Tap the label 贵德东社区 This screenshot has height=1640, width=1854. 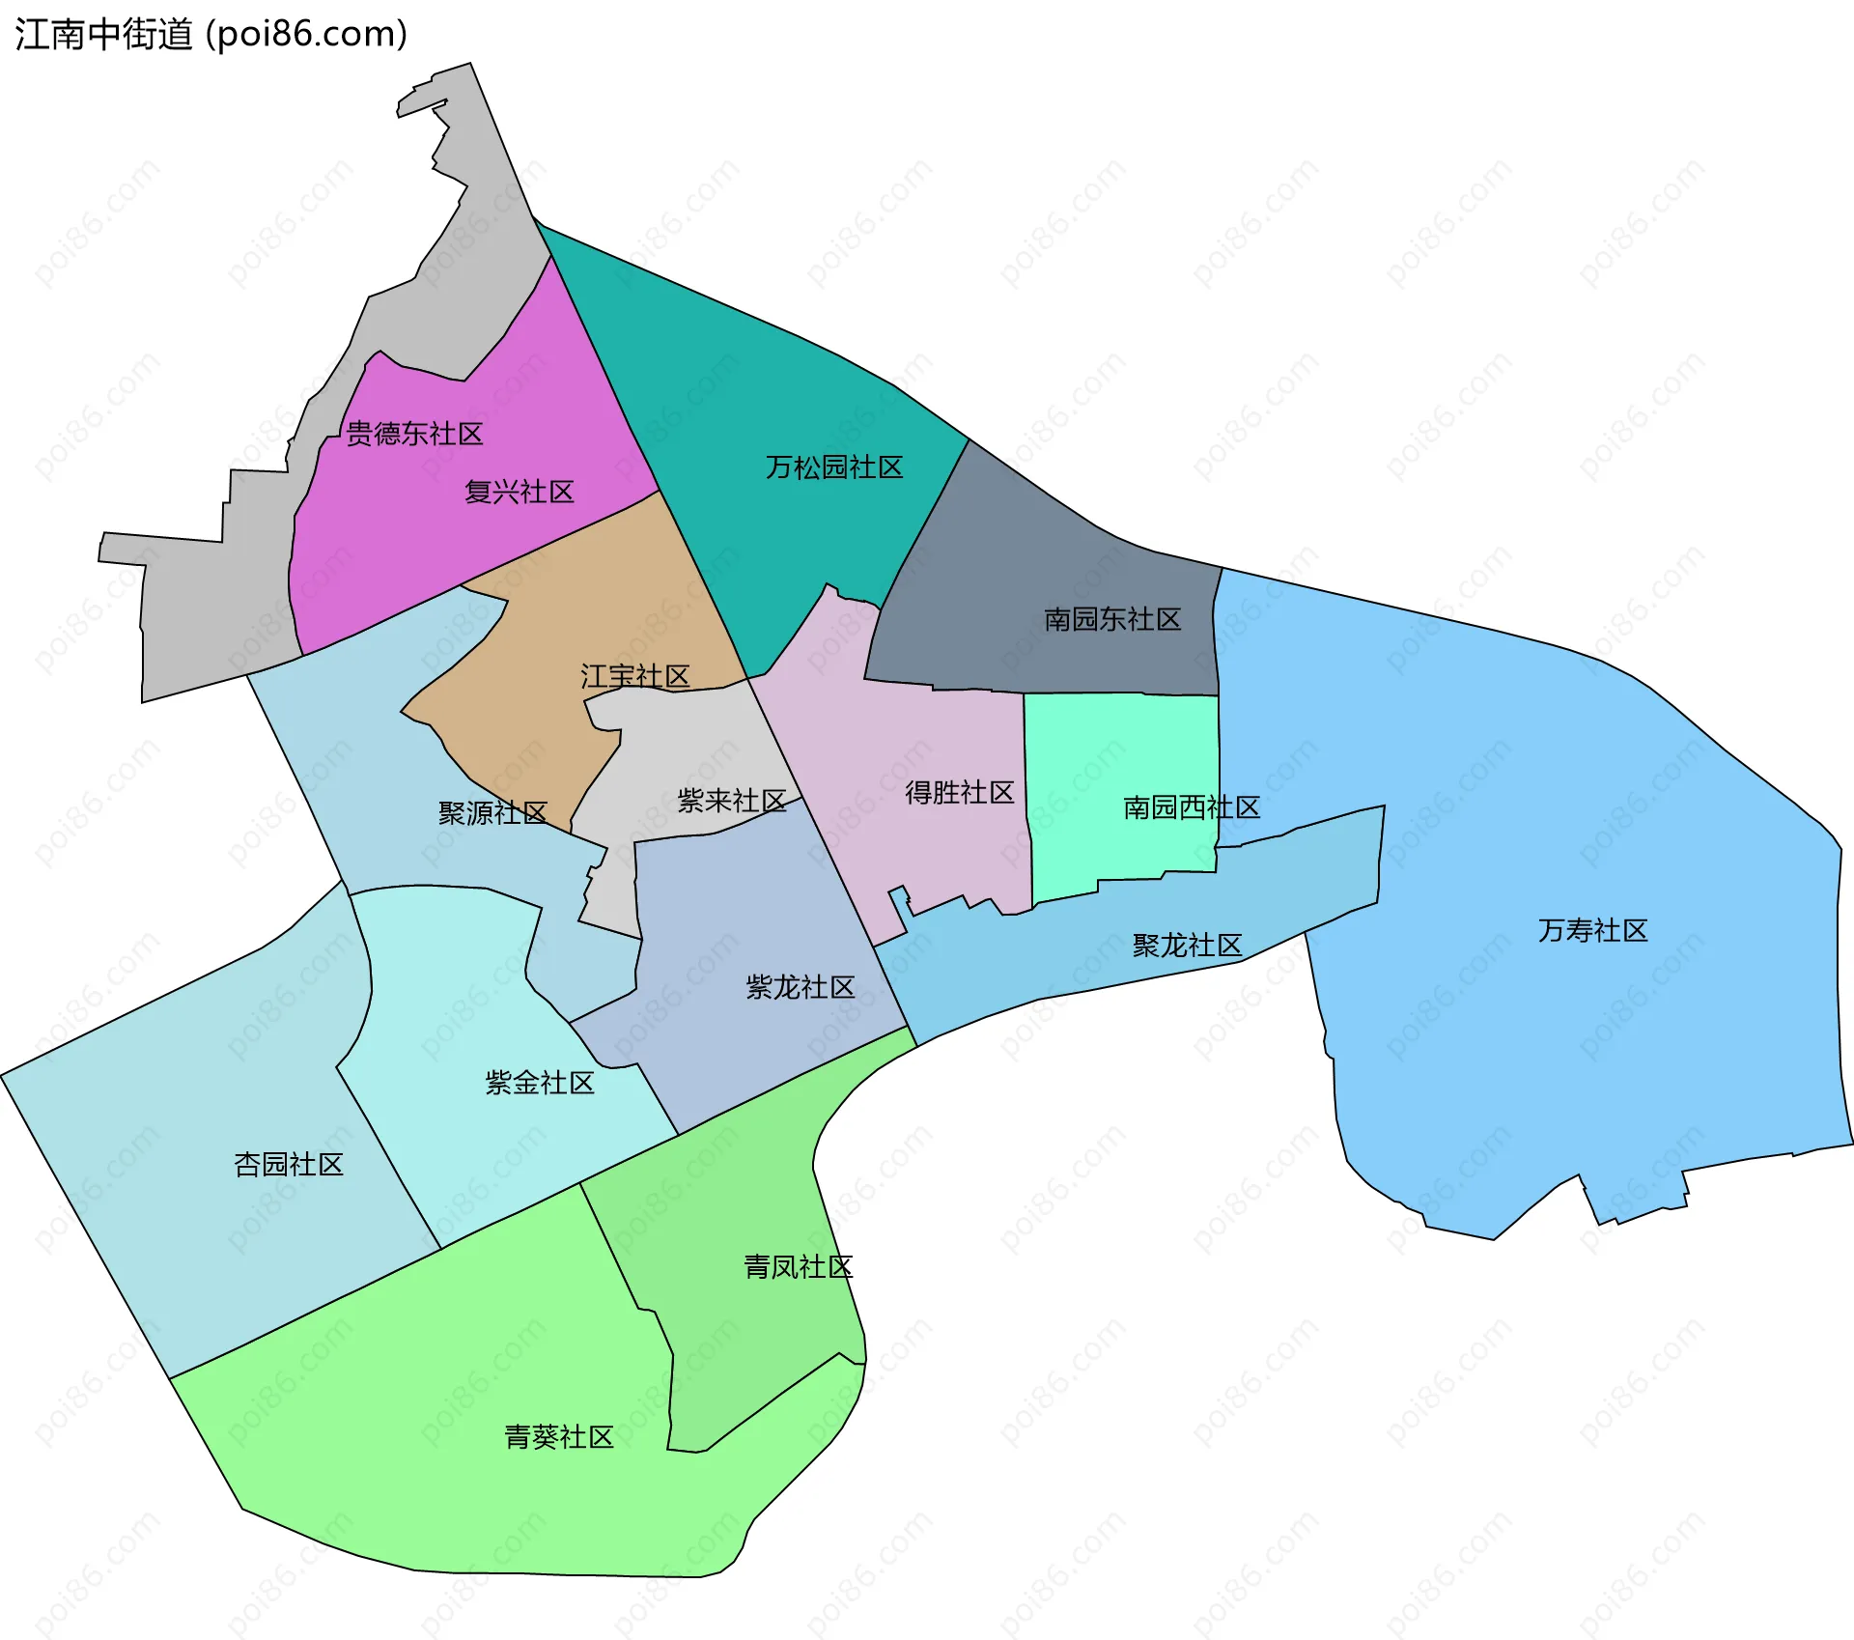414,434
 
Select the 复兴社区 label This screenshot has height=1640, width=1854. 520,493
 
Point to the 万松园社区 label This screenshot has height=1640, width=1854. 834,468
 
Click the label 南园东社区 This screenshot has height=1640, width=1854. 1112,620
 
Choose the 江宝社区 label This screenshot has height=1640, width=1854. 635,676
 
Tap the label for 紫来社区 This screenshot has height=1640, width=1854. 732,801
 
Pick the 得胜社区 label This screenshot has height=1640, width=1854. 959,793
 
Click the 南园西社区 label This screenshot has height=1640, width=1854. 1192,807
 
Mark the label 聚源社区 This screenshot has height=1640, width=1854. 492,813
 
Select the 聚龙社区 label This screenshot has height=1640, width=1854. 1187,946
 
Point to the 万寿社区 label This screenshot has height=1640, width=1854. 1592,931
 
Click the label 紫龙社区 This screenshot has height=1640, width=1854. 801,987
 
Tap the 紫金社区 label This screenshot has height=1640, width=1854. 539,1083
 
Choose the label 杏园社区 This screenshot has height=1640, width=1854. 289,1165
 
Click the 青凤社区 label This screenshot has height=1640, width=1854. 798,1267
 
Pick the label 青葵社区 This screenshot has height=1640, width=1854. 559,1437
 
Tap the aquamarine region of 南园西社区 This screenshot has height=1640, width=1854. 1120,744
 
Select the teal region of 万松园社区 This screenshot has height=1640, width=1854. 772,386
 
